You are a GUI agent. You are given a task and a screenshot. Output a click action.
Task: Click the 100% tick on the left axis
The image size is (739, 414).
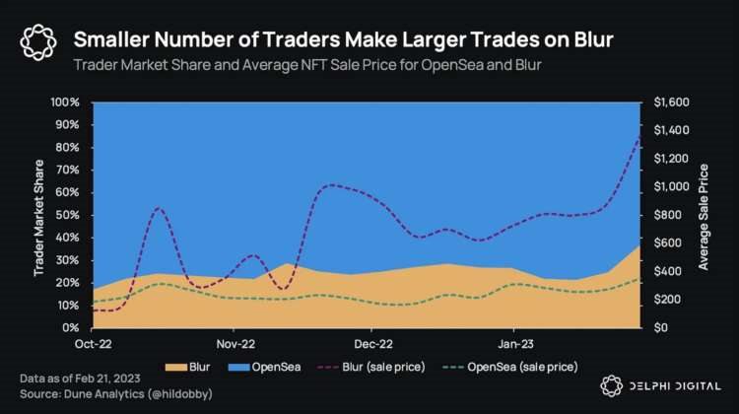65,102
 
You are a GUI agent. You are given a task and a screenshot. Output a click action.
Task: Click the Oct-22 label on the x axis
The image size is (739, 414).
93,345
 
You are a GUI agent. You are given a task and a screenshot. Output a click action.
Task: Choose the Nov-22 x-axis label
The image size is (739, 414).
234,345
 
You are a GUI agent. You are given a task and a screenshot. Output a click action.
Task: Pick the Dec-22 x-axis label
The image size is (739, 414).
371,345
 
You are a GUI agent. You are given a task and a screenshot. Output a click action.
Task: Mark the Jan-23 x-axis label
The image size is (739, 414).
514,345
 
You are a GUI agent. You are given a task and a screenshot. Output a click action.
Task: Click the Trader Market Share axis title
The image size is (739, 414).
39,215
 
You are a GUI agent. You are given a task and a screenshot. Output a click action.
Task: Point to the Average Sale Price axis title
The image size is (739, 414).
704,215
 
